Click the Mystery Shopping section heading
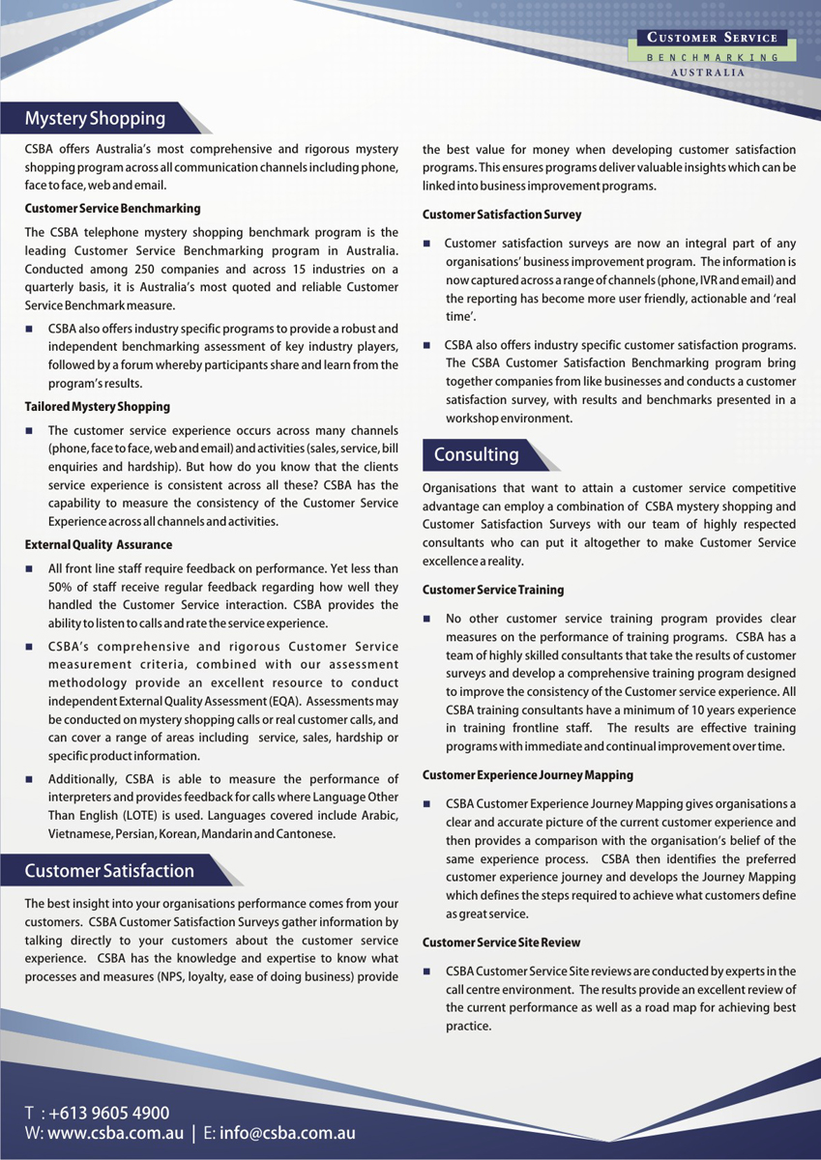click(95, 119)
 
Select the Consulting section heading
click(476, 454)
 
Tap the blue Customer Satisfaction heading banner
click(109, 871)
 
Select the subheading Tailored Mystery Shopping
click(97, 407)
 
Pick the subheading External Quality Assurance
click(98, 545)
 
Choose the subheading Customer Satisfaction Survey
click(502, 215)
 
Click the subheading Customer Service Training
click(493, 590)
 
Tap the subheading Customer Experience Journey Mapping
click(528, 775)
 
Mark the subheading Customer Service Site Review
click(502, 942)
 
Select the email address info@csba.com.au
click(287, 1133)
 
